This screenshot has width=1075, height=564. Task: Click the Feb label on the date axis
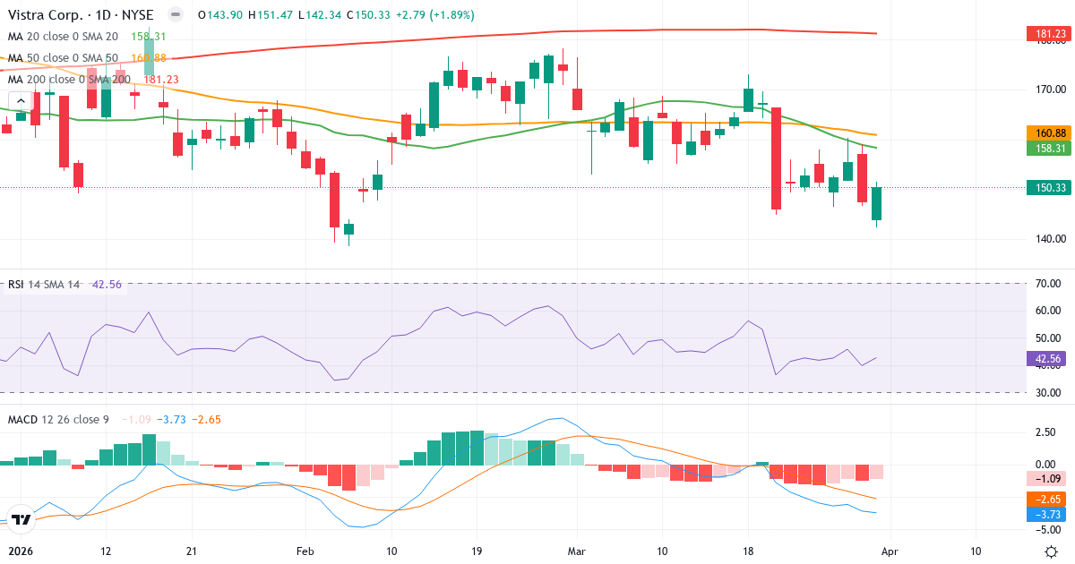tap(305, 551)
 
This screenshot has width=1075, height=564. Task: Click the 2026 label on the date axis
tap(19, 551)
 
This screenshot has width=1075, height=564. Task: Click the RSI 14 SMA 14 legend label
tap(44, 284)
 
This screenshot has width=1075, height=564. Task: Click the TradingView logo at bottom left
tap(22, 518)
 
